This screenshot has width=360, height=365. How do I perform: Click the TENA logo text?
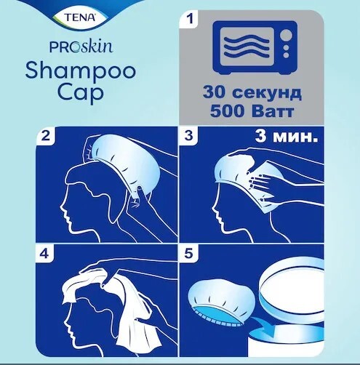80,17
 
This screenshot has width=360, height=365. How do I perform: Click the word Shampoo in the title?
80,71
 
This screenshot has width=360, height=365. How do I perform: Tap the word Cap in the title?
81,93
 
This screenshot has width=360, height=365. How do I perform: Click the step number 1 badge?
191,18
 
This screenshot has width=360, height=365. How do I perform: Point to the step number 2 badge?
46,135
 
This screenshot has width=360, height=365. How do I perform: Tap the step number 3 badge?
189,135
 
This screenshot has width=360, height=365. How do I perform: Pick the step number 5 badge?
189,254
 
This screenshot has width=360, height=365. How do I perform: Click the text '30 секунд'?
252,92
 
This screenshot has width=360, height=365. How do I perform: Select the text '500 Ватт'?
252,111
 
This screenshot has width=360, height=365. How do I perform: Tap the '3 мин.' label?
286,137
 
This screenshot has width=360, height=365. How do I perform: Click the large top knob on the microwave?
286,36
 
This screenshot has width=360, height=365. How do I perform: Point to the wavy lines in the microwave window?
247,47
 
